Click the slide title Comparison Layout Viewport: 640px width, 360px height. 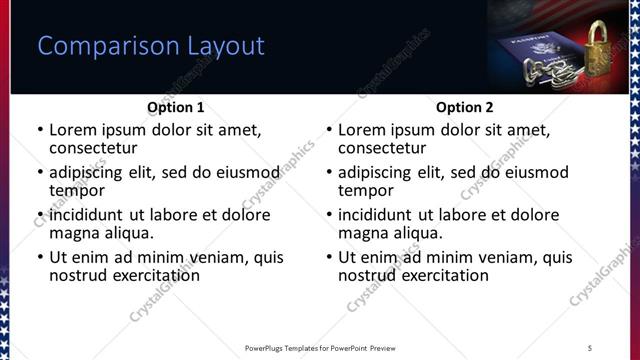[150, 46]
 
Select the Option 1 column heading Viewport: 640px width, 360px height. [176, 107]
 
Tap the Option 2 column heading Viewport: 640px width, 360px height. [465, 107]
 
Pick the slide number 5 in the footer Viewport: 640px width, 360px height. [590, 347]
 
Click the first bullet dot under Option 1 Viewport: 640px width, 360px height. [40, 131]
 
